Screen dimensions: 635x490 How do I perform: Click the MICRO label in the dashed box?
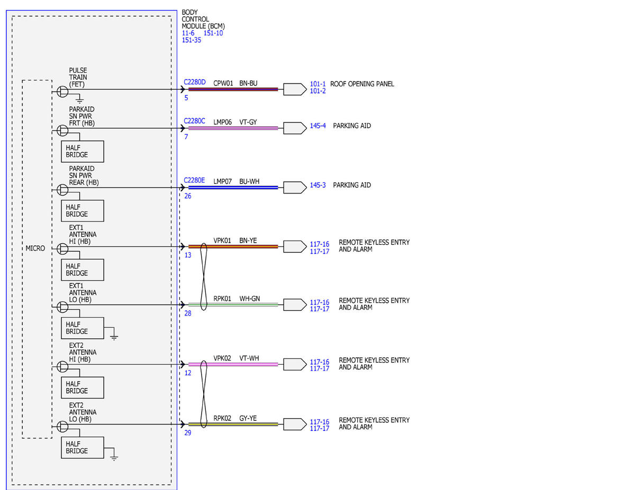coord(35,248)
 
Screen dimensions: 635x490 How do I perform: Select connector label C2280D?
coord(194,82)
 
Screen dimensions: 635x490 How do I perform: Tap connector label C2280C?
coord(194,121)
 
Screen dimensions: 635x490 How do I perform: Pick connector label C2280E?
coord(194,180)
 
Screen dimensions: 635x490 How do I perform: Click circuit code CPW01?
coord(223,83)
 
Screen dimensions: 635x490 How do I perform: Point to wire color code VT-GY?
coord(248,122)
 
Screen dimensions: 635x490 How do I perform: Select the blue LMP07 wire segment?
coord(233,188)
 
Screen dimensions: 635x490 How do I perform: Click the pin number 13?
coord(188,255)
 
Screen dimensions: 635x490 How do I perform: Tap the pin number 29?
coord(188,433)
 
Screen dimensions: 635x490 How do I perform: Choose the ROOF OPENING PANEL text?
coord(362,84)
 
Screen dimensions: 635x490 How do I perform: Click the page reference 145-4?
coord(317,126)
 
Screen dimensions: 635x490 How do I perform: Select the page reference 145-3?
coord(317,185)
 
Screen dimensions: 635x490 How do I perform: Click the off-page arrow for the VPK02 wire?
coord(295,365)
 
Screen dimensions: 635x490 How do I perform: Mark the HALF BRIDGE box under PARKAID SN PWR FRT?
coord(83,152)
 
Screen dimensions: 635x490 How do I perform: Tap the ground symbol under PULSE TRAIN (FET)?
coord(79,100)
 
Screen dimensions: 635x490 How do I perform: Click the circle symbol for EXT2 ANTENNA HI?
coord(62,366)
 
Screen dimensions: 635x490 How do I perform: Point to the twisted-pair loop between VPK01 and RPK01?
coord(204,276)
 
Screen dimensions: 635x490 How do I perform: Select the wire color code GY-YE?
coord(248,418)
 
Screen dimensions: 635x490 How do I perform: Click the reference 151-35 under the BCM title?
coord(192,40)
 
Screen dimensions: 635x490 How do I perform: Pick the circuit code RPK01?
coord(222,299)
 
